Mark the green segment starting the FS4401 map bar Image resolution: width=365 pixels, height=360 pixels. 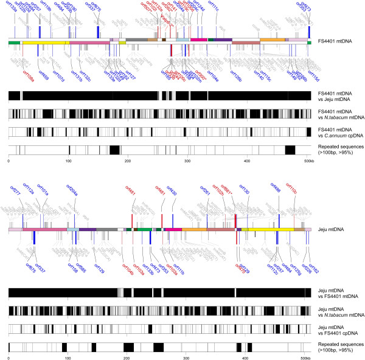pyautogui.click(x=14, y=42)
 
